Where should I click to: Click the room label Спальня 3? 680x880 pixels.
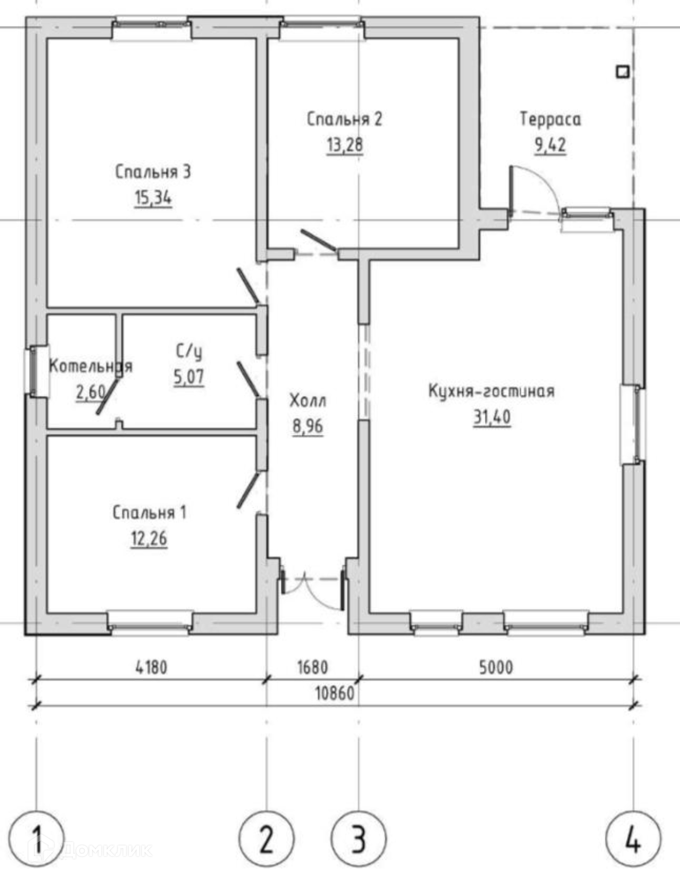pos(153,172)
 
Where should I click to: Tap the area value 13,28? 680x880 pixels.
pos(345,145)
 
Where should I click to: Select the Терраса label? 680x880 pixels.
pos(550,120)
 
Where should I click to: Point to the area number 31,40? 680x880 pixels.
pos(492,417)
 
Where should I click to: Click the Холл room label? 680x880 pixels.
pos(308,401)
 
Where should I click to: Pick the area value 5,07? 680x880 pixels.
pos(189,377)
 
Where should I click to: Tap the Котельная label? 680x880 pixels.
pos(91,366)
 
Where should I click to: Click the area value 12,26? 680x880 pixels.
pos(149,539)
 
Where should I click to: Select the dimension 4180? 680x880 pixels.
pos(152,667)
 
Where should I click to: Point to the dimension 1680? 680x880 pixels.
pos(313,667)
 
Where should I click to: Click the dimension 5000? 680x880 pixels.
pos(496,667)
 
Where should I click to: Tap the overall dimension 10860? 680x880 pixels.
pos(335,693)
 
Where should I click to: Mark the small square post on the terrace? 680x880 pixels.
pos(622,72)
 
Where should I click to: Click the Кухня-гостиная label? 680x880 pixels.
pos(491,391)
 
